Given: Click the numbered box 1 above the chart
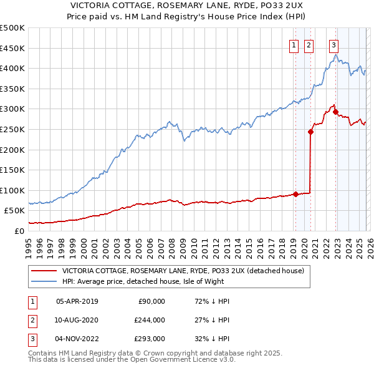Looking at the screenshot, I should [x=293, y=44].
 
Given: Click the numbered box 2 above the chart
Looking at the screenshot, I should [x=309, y=44].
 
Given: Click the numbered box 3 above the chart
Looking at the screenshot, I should [x=333, y=44].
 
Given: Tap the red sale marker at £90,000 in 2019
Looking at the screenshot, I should [x=295, y=193].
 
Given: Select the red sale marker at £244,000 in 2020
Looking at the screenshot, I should [x=310, y=132].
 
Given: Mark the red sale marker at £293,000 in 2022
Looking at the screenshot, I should [x=335, y=112].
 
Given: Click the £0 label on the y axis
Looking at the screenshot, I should [x=18, y=231].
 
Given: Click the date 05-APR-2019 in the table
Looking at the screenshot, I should [x=77, y=301].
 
